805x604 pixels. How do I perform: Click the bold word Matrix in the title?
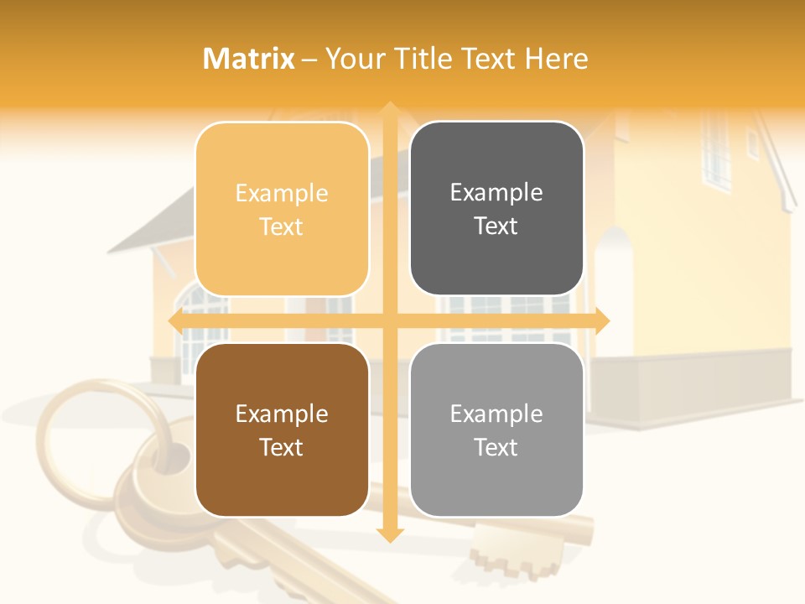pos(249,59)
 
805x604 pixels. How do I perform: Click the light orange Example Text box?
pos(282,209)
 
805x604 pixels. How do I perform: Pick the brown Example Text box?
pos(282,430)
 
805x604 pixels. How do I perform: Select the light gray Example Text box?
pos(496,430)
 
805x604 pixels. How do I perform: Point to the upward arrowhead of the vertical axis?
pos(389,110)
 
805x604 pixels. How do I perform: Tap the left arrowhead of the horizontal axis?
pos(177,320)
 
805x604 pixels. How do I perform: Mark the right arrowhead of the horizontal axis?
pos(601,320)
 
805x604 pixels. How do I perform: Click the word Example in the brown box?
pos(282,414)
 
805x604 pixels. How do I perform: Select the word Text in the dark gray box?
pos(496,226)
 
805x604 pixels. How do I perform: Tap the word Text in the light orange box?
pos(282,226)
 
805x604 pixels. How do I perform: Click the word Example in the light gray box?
pos(496,414)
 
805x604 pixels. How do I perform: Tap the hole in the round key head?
pos(175,457)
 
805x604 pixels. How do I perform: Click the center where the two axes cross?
pos(389,320)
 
